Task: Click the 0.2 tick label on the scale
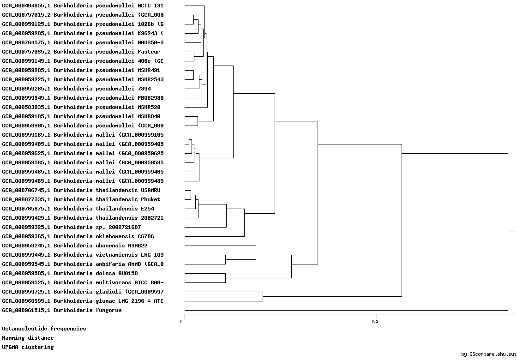click(x=375, y=321)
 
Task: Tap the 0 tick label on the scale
click(x=181, y=321)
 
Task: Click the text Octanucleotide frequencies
click(x=44, y=329)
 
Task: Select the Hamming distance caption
click(x=28, y=338)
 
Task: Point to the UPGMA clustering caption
click(x=28, y=347)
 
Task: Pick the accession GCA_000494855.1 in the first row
click(x=26, y=6)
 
